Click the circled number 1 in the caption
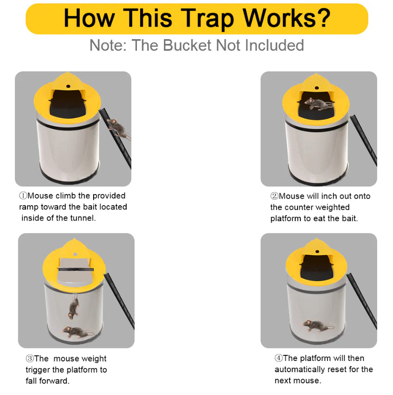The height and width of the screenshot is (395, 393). tap(23, 196)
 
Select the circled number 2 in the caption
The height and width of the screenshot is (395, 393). tap(274, 196)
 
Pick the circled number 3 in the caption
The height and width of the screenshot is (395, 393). tap(29, 359)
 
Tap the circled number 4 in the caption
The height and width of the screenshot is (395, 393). tap(278, 359)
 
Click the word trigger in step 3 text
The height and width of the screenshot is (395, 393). tap(39, 370)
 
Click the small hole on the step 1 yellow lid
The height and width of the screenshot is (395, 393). tap(68, 86)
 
